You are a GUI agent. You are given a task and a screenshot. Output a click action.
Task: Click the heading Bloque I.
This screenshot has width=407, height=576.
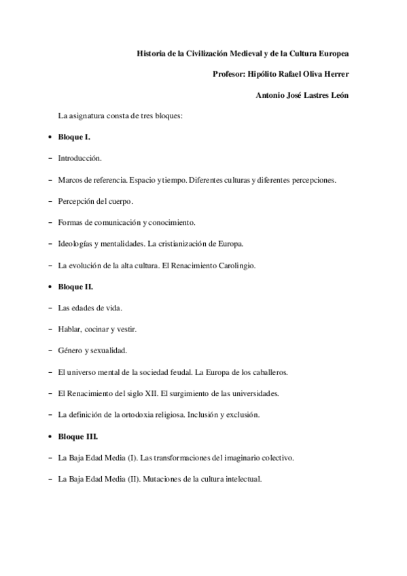[x=75, y=137]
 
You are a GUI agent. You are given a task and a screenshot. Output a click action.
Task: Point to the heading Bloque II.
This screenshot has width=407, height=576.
[x=76, y=287]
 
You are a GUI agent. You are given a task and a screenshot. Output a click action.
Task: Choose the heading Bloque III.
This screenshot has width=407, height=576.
[x=78, y=436]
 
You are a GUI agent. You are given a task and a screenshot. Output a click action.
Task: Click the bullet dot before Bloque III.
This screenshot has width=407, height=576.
[x=52, y=437]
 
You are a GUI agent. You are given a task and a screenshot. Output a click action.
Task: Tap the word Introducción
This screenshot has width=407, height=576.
[x=80, y=158]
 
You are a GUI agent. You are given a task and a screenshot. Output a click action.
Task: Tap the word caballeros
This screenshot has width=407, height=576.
[x=270, y=372]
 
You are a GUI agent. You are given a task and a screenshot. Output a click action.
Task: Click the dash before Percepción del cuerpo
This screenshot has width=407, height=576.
[x=52, y=201]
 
